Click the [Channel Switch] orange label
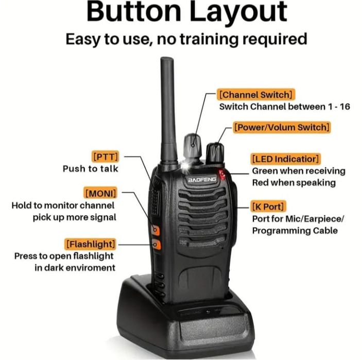pos(256,95)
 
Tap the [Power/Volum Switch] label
pos(281,127)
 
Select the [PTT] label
pos(105,156)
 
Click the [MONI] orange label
pos(100,193)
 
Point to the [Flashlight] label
pos(90,243)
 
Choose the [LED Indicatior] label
pos(286,158)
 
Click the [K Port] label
pos(268,207)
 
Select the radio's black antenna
pos(168,108)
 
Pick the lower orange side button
pos(156,245)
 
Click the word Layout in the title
pos(240,12)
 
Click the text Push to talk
pos(91,168)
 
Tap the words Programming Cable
pos(295,231)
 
